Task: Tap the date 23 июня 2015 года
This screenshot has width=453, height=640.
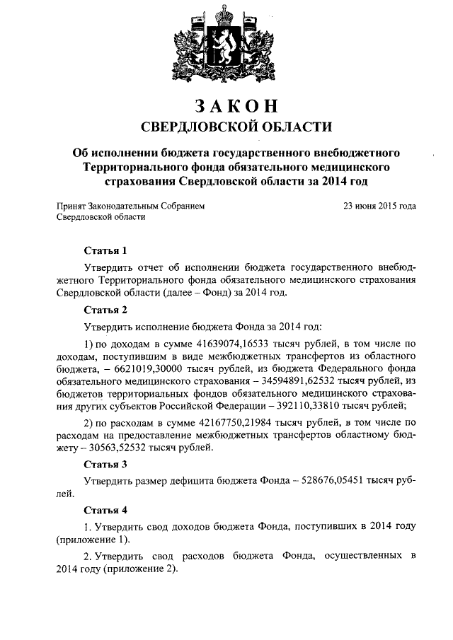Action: pyautogui.click(x=379, y=206)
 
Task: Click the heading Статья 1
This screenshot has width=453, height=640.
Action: pyautogui.click(x=105, y=250)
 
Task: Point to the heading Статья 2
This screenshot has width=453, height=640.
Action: pyautogui.click(x=105, y=309)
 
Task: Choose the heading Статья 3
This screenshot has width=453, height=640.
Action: pyautogui.click(x=105, y=464)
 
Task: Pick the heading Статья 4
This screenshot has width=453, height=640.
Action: pyautogui.click(x=105, y=509)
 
